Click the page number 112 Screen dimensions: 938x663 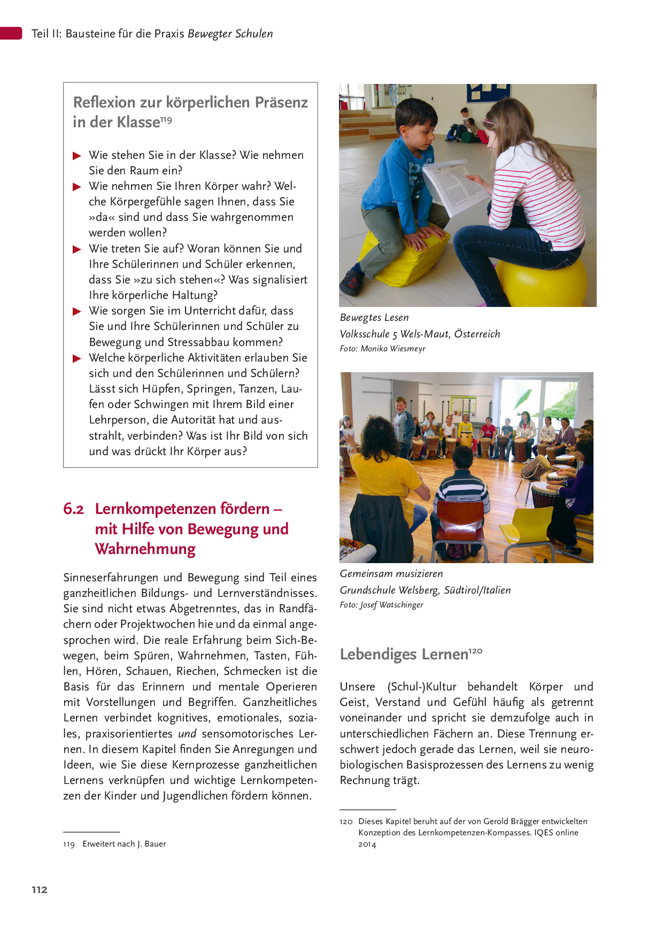(40, 889)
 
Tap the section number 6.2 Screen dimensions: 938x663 (73, 509)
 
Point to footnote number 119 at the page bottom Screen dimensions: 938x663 (68, 844)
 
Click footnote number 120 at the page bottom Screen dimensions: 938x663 (346, 821)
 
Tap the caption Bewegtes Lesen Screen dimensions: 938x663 (374, 318)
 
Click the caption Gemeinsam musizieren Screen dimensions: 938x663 (391, 574)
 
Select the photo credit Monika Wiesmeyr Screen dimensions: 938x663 (393, 349)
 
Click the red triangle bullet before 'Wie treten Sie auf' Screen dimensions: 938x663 (77, 249)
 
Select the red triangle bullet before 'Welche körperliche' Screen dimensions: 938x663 (77, 358)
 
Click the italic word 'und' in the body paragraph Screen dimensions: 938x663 (187, 734)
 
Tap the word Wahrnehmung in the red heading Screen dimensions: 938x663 (145, 549)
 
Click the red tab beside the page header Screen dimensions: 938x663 (11, 33)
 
